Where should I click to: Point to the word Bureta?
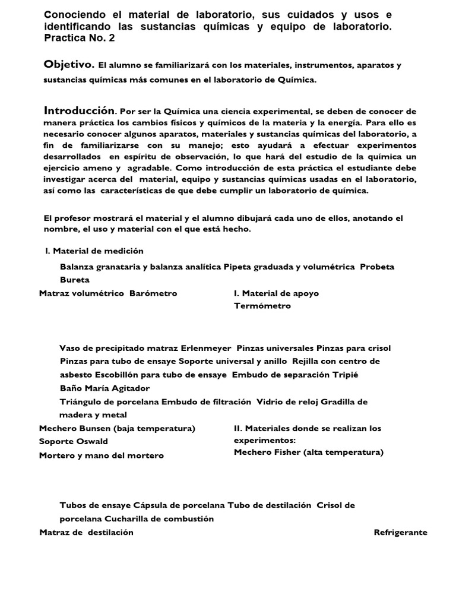(x=75, y=279)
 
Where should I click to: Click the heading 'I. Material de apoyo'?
(x=276, y=293)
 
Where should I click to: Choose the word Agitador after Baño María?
(x=129, y=388)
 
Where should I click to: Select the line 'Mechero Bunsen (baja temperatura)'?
(x=117, y=428)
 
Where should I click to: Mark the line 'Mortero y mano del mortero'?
(x=101, y=455)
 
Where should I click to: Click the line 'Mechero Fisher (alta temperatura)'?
(x=309, y=452)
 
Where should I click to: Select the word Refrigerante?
(x=400, y=533)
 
